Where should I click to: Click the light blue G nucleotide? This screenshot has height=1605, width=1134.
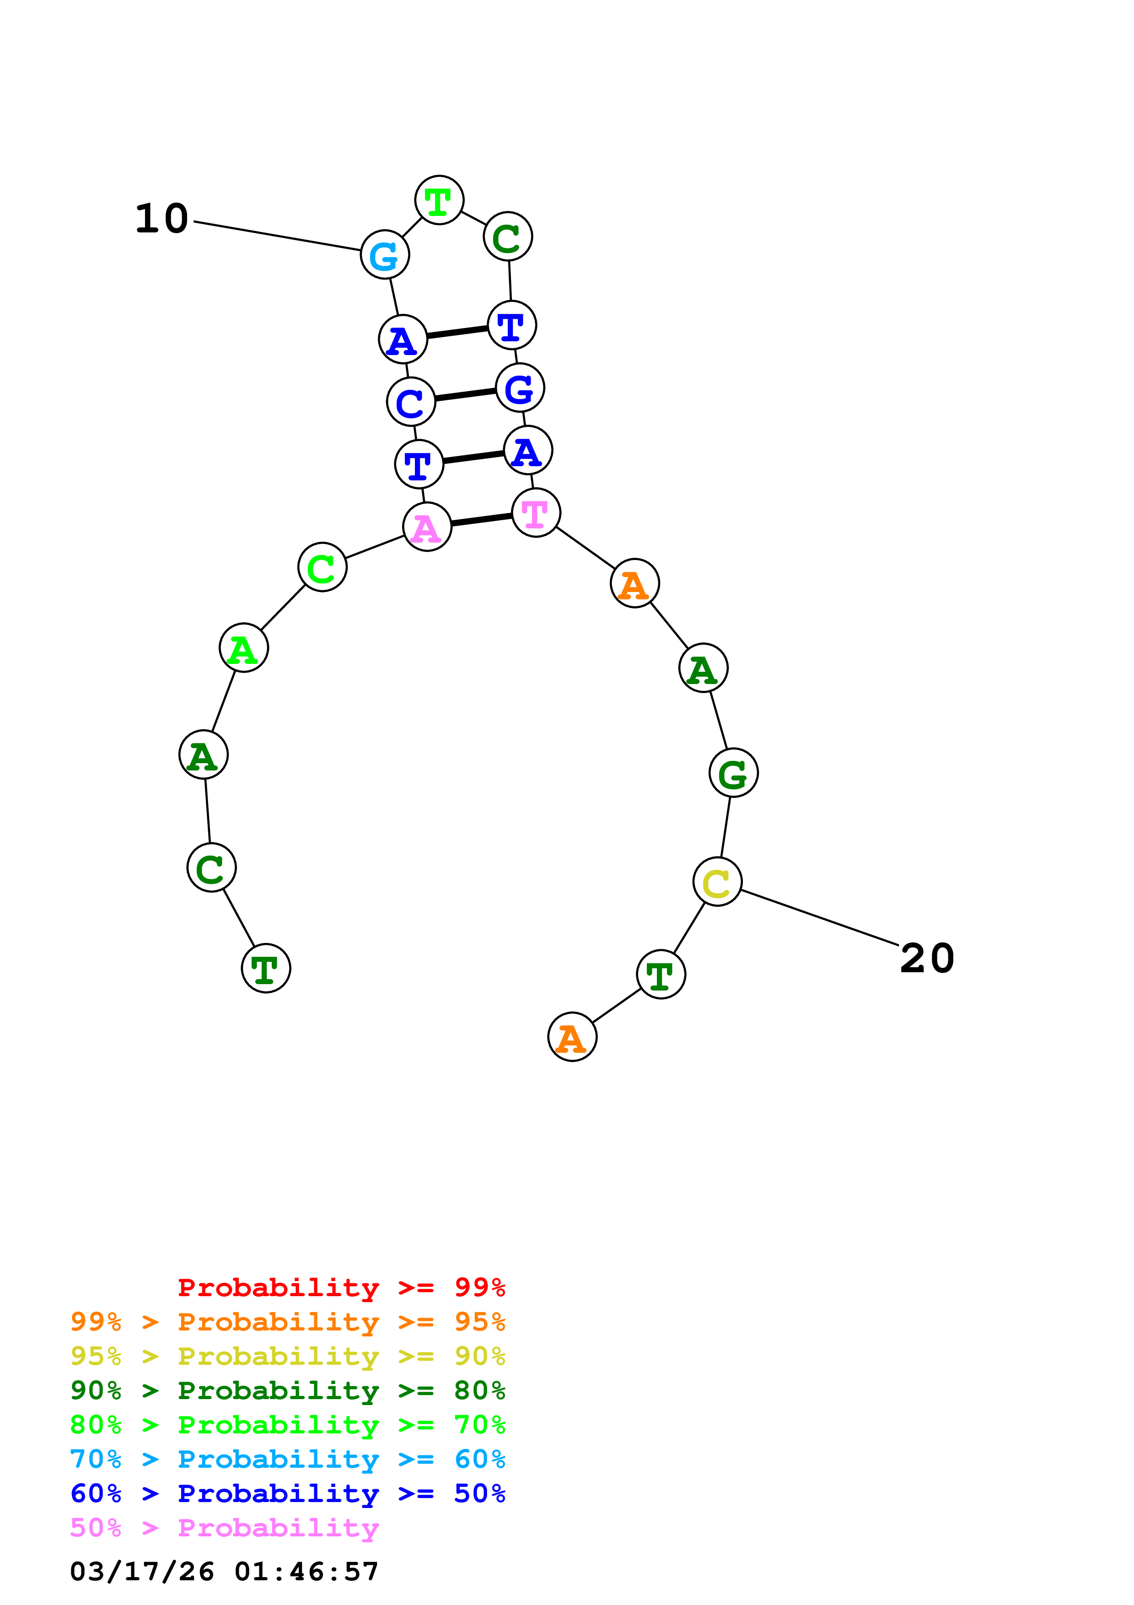[384, 255]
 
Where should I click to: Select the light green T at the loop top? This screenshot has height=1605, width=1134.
[439, 200]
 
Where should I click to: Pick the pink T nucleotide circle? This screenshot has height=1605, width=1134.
[536, 513]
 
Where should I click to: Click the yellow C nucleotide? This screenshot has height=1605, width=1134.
[717, 882]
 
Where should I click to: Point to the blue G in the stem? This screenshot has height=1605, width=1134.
[520, 388]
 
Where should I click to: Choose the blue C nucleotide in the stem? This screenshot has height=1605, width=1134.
[411, 402]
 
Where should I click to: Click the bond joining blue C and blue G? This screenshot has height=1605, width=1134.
[465, 395]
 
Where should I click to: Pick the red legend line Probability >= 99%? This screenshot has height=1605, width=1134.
[341, 1287]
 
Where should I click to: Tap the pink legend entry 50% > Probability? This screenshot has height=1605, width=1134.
[224, 1528]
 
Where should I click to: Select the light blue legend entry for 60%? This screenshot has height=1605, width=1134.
[287, 1460]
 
